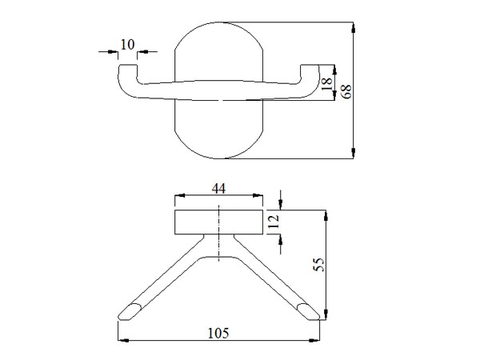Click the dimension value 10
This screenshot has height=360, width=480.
[127, 44]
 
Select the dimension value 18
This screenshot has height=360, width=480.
[327, 83]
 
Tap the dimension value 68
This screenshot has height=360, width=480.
[346, 91]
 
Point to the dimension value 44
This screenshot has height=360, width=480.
[219, 189]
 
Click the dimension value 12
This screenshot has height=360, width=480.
[274, 221]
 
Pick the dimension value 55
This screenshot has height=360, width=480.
[319, 264]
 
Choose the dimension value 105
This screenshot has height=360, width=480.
[219, 333]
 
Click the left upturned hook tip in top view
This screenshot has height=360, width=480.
[128, 65]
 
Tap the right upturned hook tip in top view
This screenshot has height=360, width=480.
[310, 65]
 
